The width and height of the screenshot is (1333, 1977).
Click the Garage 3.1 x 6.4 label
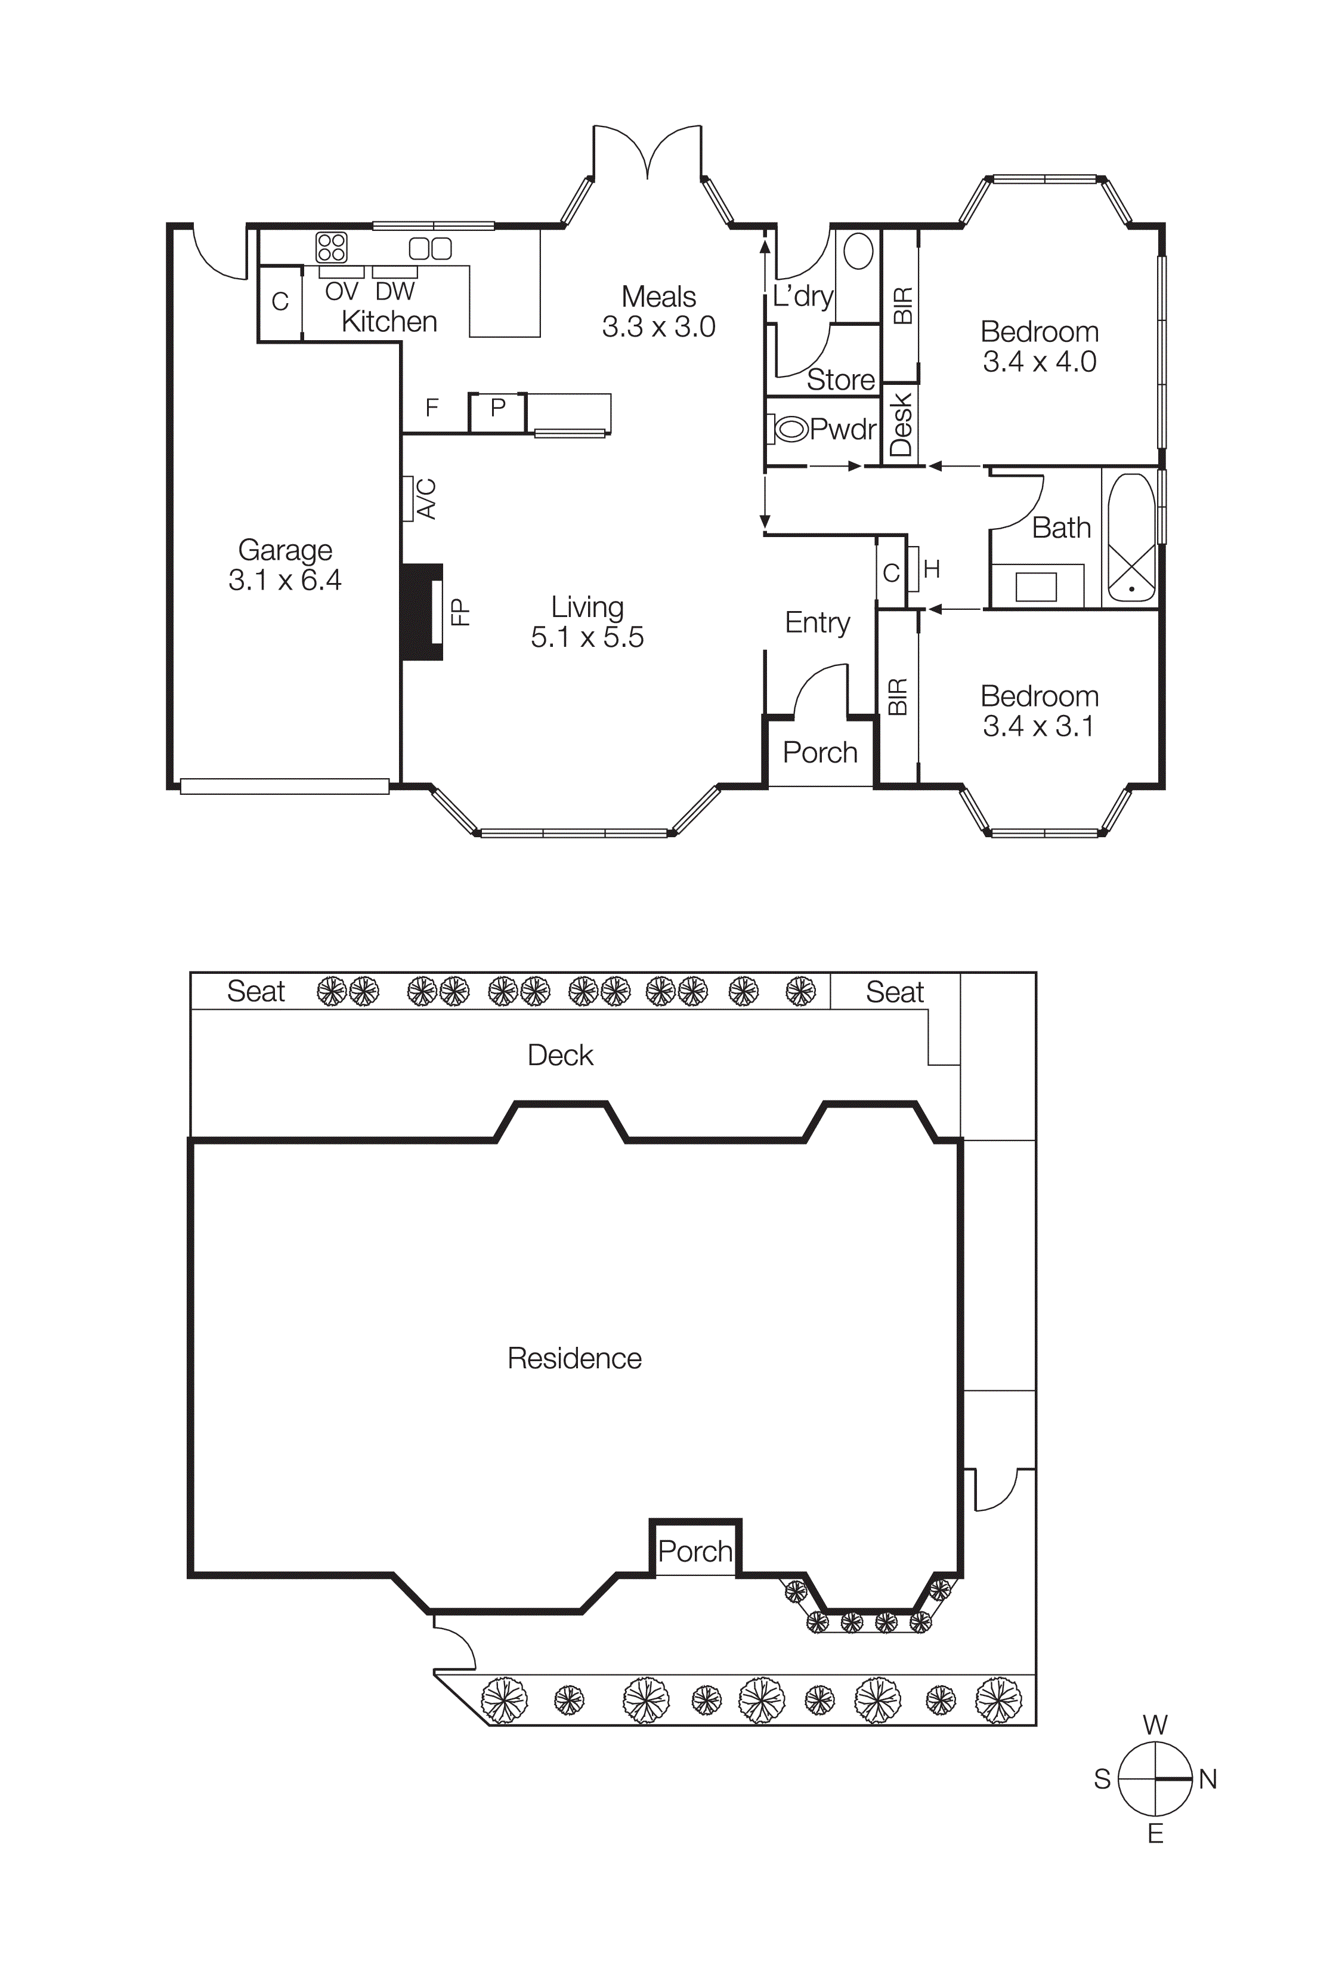[x=285, y=565]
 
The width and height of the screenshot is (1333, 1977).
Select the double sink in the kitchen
[x=430, y=248]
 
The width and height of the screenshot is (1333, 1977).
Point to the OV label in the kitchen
[x=342, y=292]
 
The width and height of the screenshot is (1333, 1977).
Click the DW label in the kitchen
[x=394, y=292]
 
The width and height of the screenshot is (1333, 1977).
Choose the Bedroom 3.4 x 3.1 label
[x=1039, y=711]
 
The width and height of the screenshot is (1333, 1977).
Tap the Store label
[x=840, y=380]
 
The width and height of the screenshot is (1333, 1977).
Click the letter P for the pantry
[x=498, y=408]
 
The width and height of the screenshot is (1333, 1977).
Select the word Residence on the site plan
[x=574, y=1358]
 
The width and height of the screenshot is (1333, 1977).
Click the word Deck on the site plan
[x=560, y=1055]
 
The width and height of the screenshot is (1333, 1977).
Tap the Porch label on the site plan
[x=695, y=1551]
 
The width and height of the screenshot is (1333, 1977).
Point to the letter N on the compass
[x=1208, y=1779]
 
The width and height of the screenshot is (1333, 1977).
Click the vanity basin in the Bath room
[x=1035, y=587]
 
